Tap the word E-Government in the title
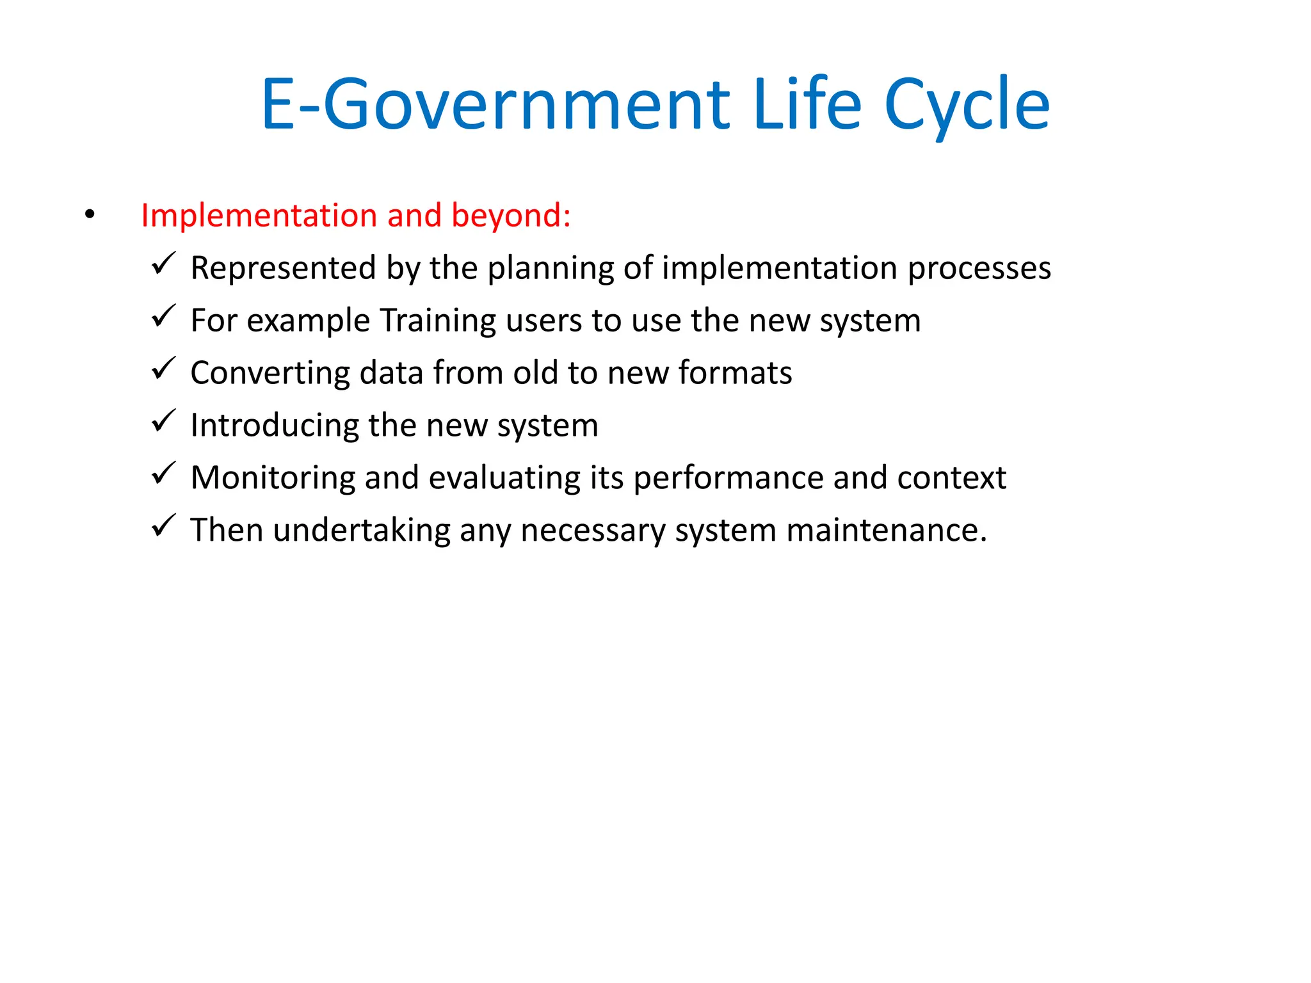click(x=495, y=106)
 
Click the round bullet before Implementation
click(x=90, y=215)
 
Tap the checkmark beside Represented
click(x=164, y=263)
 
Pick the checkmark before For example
click(x=164, y=316)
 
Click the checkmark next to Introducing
click(x=164, y=420)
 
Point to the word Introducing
click(x=275, y=426)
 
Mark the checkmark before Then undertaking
click(x=164, y=525)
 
